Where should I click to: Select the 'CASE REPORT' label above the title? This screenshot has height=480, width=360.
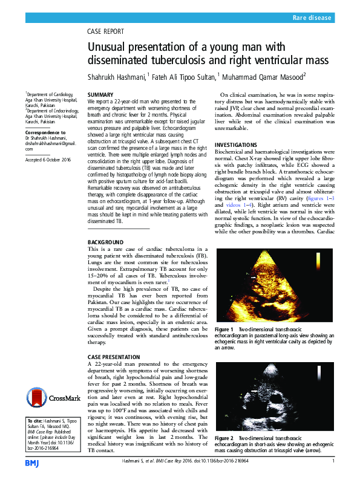106,31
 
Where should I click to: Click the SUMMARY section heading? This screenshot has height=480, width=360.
100,96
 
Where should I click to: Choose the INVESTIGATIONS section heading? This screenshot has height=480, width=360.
240,146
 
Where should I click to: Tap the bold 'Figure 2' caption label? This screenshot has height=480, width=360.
224,437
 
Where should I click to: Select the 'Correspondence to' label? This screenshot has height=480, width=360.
45,132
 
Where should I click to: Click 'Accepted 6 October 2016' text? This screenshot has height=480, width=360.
48,159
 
